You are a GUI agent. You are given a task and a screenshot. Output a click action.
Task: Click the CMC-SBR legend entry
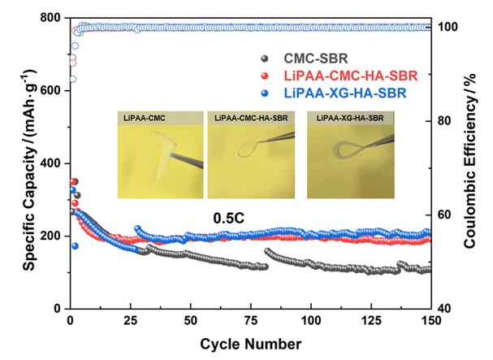coord(317,59)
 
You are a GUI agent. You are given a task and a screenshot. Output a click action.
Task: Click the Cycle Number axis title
coord(252,342)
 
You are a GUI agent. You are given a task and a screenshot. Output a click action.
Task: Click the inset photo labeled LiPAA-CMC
coord(155,155)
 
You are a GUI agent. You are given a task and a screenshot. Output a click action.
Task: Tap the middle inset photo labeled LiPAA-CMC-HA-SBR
coord(253,155)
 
